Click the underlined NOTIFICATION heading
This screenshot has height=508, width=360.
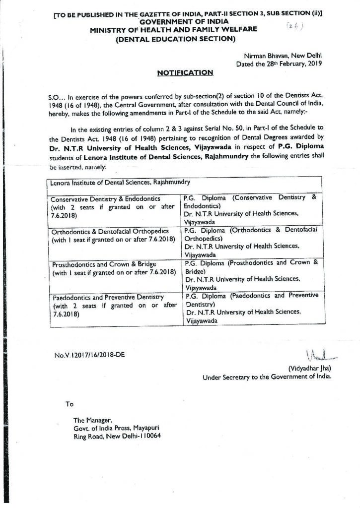point(185,72)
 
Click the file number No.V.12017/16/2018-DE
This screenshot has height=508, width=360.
point(89,355)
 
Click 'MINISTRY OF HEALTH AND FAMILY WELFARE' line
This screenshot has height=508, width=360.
point(174,30)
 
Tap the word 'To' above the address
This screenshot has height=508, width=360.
point(70,404)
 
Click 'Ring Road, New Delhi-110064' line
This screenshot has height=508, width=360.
point(117,436)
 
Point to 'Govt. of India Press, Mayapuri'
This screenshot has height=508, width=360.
point(116,428)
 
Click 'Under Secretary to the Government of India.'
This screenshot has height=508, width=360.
point(267,377)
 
